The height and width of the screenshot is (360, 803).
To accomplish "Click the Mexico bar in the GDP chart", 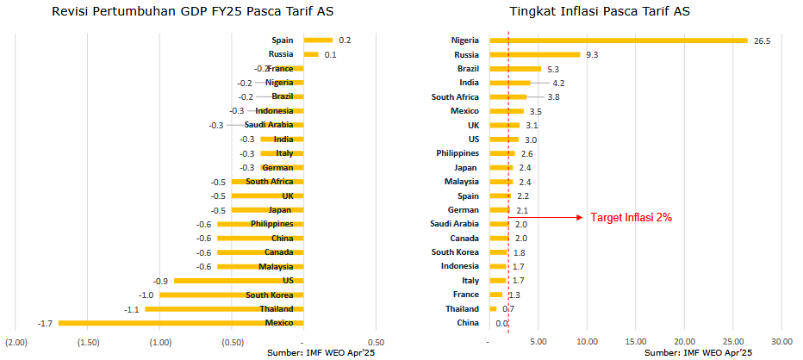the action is tap(181, 323).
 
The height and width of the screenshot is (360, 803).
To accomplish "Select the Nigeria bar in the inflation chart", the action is tap(619, 40).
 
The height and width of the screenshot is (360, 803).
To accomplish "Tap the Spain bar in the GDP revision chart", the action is tap(318, 40).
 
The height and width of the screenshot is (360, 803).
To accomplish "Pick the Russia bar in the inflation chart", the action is tap(535, 54).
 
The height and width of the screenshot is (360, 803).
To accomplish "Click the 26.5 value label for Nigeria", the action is tap(762, 41).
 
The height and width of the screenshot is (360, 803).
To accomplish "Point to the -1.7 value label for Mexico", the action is tap(45, 323).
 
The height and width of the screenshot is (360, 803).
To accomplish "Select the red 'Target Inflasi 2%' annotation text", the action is tap(631, 217).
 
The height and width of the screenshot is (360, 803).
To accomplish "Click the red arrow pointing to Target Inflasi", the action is tap(545, 217).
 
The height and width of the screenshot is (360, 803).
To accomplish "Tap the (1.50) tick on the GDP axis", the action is tap(88, 342).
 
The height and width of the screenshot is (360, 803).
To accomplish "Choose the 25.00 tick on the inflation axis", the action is tap(732, 342).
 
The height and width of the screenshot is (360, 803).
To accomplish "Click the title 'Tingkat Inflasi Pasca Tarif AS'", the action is tap(599, 11).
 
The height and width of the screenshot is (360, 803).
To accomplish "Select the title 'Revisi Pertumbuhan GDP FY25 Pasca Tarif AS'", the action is tap(193, 11).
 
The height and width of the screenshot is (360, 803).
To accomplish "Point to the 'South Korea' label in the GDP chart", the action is tap(270, 295).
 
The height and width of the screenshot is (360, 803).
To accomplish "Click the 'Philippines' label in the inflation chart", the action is tap(458, 153).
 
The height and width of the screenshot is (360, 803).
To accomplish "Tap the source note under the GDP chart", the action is tap(323, 353).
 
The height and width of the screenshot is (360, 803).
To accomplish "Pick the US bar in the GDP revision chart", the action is tap(239, 281).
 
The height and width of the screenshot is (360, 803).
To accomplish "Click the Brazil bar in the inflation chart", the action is tap(515, 69).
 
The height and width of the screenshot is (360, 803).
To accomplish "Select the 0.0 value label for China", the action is tap(501, 323).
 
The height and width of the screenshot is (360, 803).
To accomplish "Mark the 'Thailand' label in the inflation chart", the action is tap(462, 309).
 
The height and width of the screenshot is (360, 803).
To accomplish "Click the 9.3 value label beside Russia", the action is tap(592, 55).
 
